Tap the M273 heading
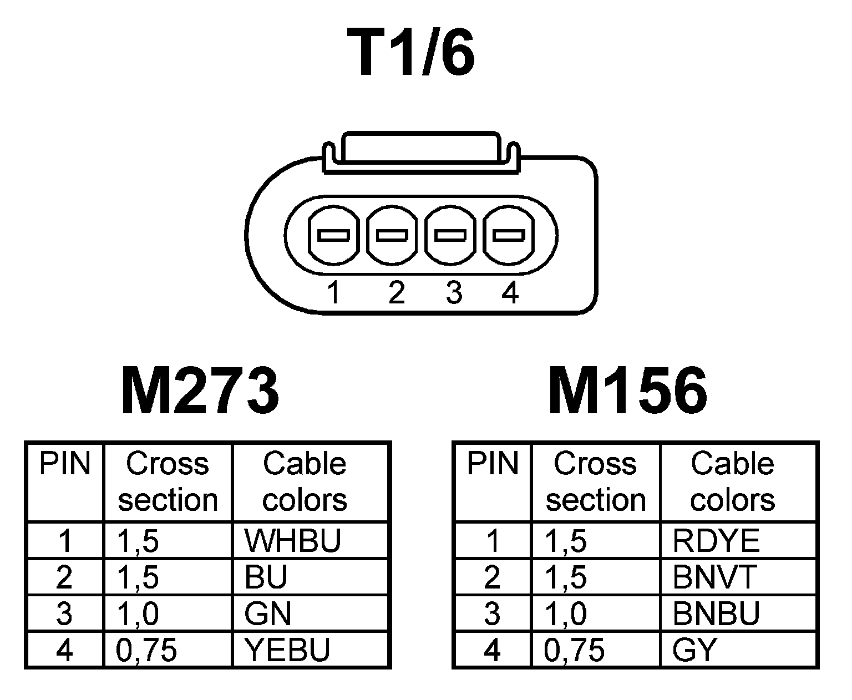(x=200, y=390)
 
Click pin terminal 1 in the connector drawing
(x=333, y=235)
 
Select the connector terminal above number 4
(x=509, y=235)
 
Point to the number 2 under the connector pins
(x=396, y=292)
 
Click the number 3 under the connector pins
(x=454, y=292)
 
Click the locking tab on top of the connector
(x=420, y=148)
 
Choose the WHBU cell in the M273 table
(x=292, y=540)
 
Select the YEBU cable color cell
(x=287, y=650)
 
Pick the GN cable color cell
(x=268, y=613)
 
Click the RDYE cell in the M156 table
(x=716, y=540)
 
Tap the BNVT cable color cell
(x=714, y=577)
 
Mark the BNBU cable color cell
(x=716, y=613)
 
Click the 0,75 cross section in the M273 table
(x=146, y=650)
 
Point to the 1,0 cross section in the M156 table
(x=566, y=613)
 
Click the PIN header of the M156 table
(x=492, y=464)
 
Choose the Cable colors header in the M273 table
(x=305, y=481)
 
